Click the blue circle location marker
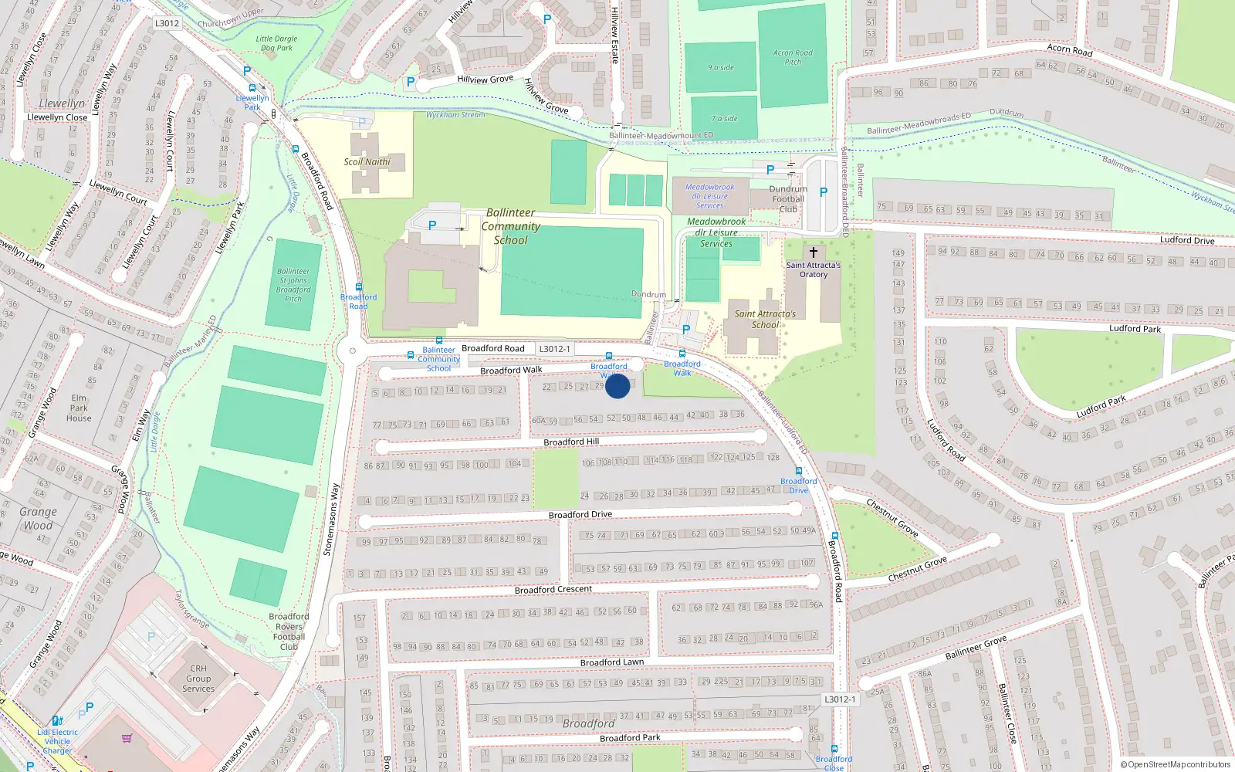tap(617, 386)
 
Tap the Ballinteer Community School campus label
tap(510, 226)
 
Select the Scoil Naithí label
tap(367, 162)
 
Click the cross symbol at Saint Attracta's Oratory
tap(813, 252)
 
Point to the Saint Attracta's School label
tap(765, 320)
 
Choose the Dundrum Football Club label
tap(788, 199)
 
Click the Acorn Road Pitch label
tap(793, 57)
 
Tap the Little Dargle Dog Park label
tap(276, 43)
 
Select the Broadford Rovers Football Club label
tap(289, 631)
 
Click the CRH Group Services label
tap(198, 679)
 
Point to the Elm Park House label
tap(79, 408)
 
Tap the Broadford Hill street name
tap(571, 442)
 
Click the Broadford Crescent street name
tap(553, 590)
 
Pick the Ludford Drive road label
tap(1187, 240)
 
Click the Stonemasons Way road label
tap(331, 520)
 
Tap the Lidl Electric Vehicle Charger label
tap(58, 741)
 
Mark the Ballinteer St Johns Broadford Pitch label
tap(293, 285)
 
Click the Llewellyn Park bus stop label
tap(252, 103)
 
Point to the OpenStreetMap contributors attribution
tap(1176, 764)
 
